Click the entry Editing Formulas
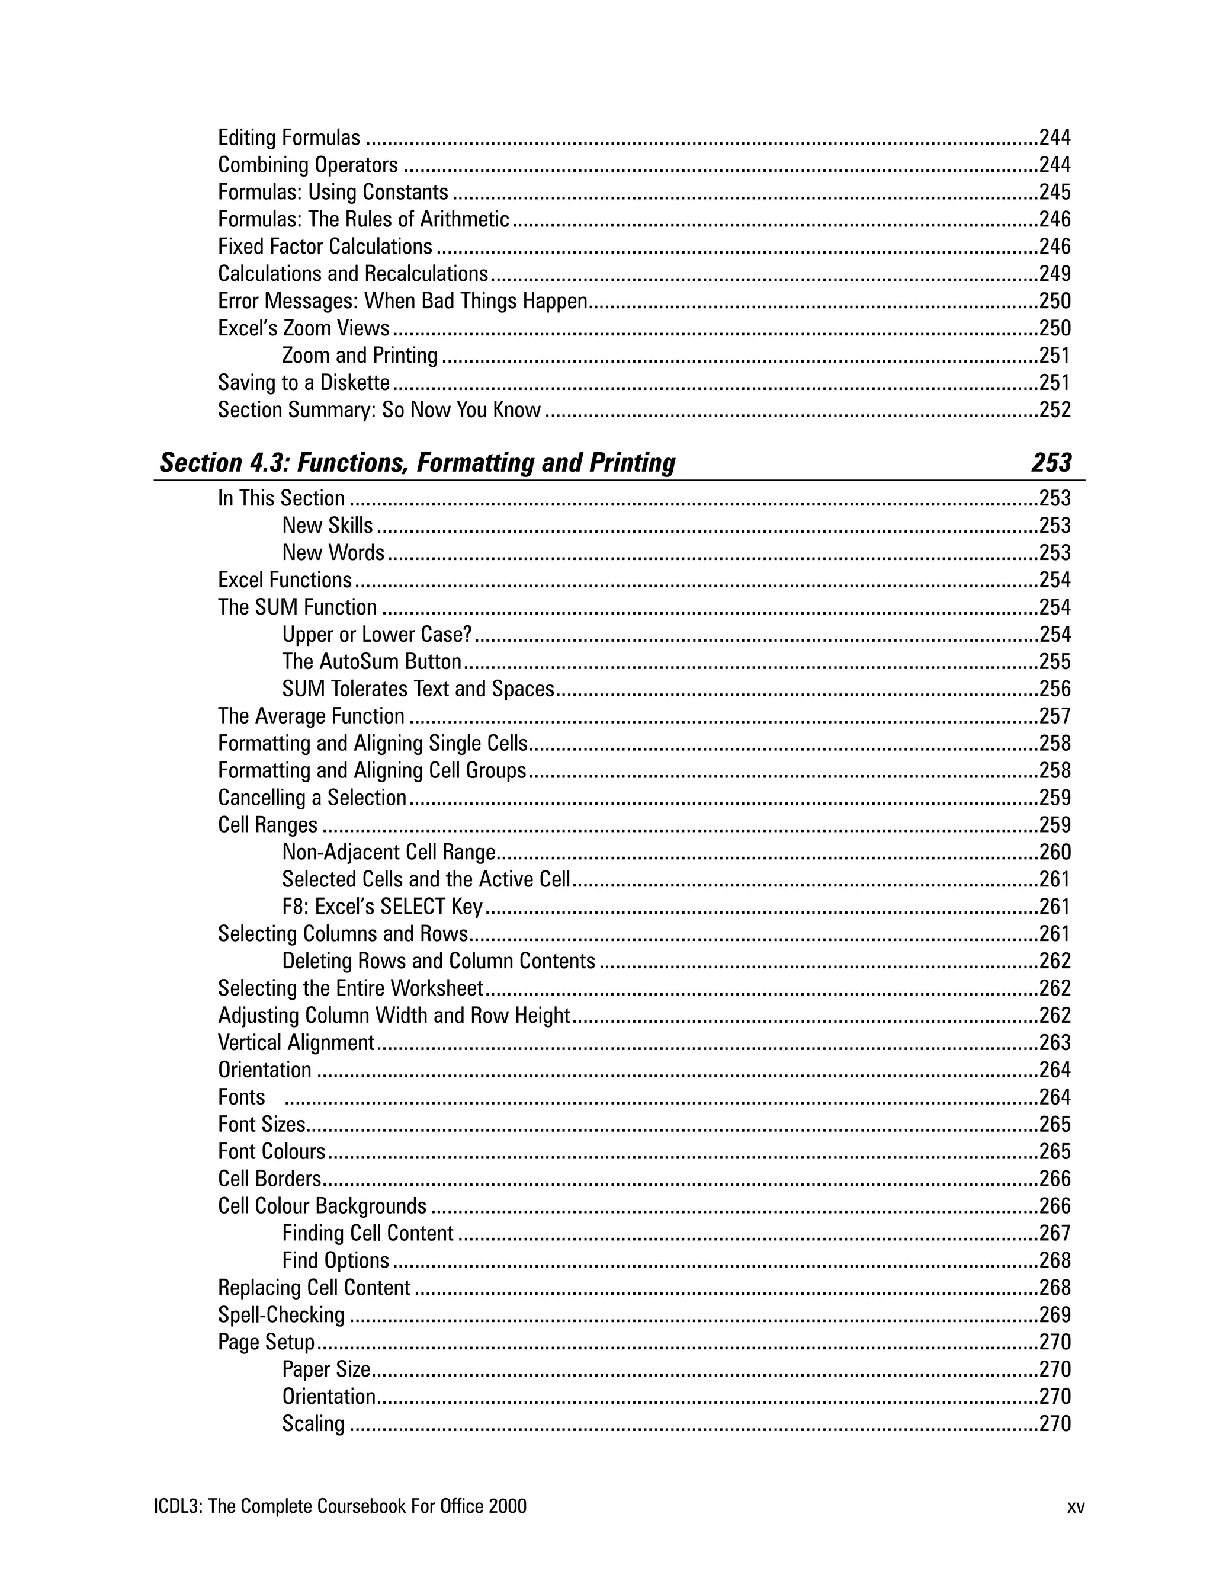pyautogui.click(x=289, y=138)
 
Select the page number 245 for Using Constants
pyautogui.click(x=1054, y=192)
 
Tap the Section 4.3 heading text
pyautogui.click(x=418, y=462)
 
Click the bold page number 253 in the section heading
pyautogui.click(x=1051, y=462)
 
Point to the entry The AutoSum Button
pyautogui.click(x=371, y=661)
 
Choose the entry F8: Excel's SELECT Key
pyautogui.click(x=382, y=907)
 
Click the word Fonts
pyautogui.click(x=241, y=1097)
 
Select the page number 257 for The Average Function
pyautogui.click(x=1054, y=716)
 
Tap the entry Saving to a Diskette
pyautogui.click(x=303, y=383)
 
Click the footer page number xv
pyautogui.click(x=1076, y=1506)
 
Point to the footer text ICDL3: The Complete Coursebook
pyautogui.click(x=339, y=1506)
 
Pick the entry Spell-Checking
pyautogui.click(x=281, y=1314)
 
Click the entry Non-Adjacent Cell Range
pyautogui.click(x=389, y=852)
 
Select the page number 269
pyautogui.click(x=1054, y=1314)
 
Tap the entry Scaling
pyautogui.click(x=313, y=1423)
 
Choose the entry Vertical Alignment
pyautogui.click(x=296, y=1043)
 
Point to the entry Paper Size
pyautogui.click(x=326, y=1369)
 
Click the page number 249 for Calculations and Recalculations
pyautogui.click(x=1054, y=274)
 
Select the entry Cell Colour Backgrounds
pyautogui.click(x=322, y=1206)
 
